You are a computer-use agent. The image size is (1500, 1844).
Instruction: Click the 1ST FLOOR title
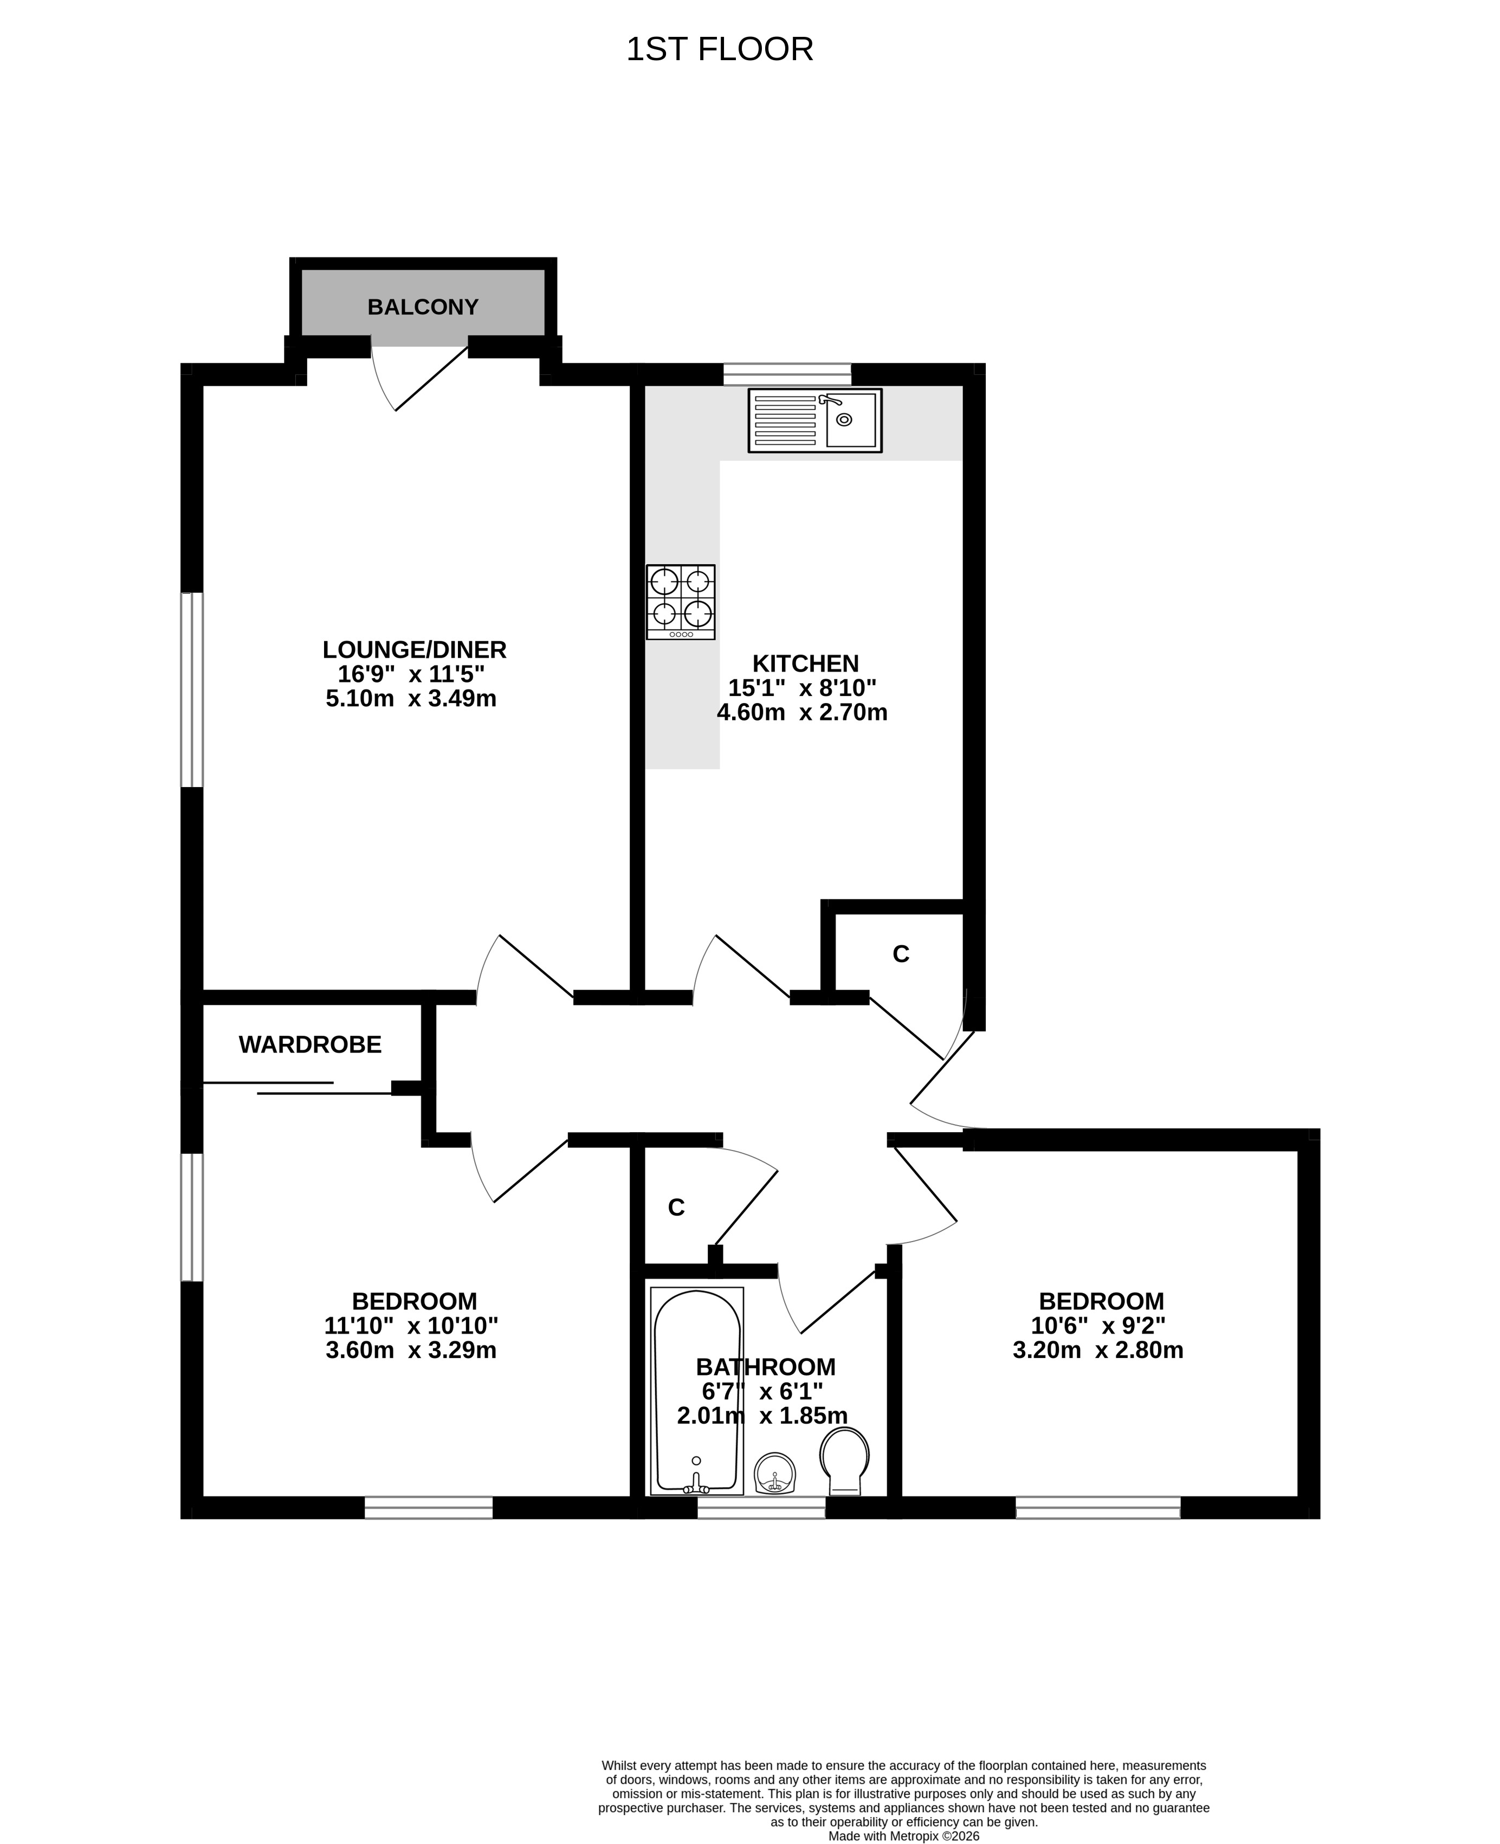(720, 50)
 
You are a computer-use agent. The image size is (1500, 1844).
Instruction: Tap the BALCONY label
(423, 307)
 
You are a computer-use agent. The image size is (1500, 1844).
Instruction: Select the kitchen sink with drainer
(815, 420)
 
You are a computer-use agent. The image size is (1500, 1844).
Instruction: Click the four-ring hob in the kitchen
(681, 602)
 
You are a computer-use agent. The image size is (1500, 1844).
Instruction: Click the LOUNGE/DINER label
(415, 650)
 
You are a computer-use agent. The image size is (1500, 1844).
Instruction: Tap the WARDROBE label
(310, 1045)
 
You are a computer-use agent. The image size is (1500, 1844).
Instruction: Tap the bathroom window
(761, 1508)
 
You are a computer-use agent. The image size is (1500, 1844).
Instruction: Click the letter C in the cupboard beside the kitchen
(901, 955)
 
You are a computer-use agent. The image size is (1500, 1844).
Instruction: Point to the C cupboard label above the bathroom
(676, 1207)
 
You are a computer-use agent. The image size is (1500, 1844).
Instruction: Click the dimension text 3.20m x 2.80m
(1098, 1350)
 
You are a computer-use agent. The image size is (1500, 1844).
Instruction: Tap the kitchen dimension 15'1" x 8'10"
(803, 689)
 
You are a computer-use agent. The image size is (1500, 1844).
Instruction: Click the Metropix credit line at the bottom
(904, 1836)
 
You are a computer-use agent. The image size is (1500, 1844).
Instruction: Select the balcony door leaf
(431, 378)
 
